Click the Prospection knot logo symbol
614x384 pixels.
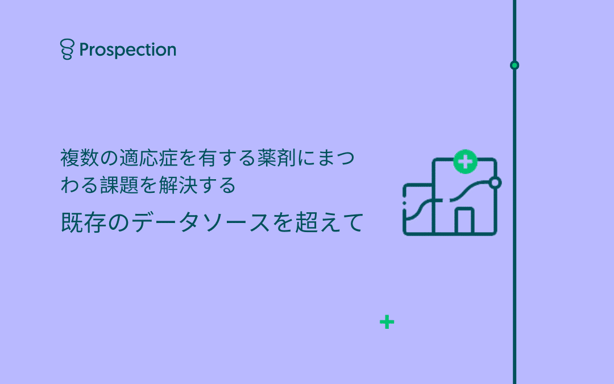67,49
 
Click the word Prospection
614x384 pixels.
128,50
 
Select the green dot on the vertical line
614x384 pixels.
515,65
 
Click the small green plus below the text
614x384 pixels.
387,322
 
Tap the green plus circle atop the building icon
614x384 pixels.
465,162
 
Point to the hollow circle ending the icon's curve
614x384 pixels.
495,183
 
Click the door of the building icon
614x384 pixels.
464,221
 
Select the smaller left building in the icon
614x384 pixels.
418,209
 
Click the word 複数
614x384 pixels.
80,158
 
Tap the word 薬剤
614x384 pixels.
276,158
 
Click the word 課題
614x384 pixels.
119,185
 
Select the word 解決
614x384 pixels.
178,185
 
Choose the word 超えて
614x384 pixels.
329,222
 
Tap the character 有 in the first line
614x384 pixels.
208,158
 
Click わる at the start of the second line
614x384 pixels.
80,185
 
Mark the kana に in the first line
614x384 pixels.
306,158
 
